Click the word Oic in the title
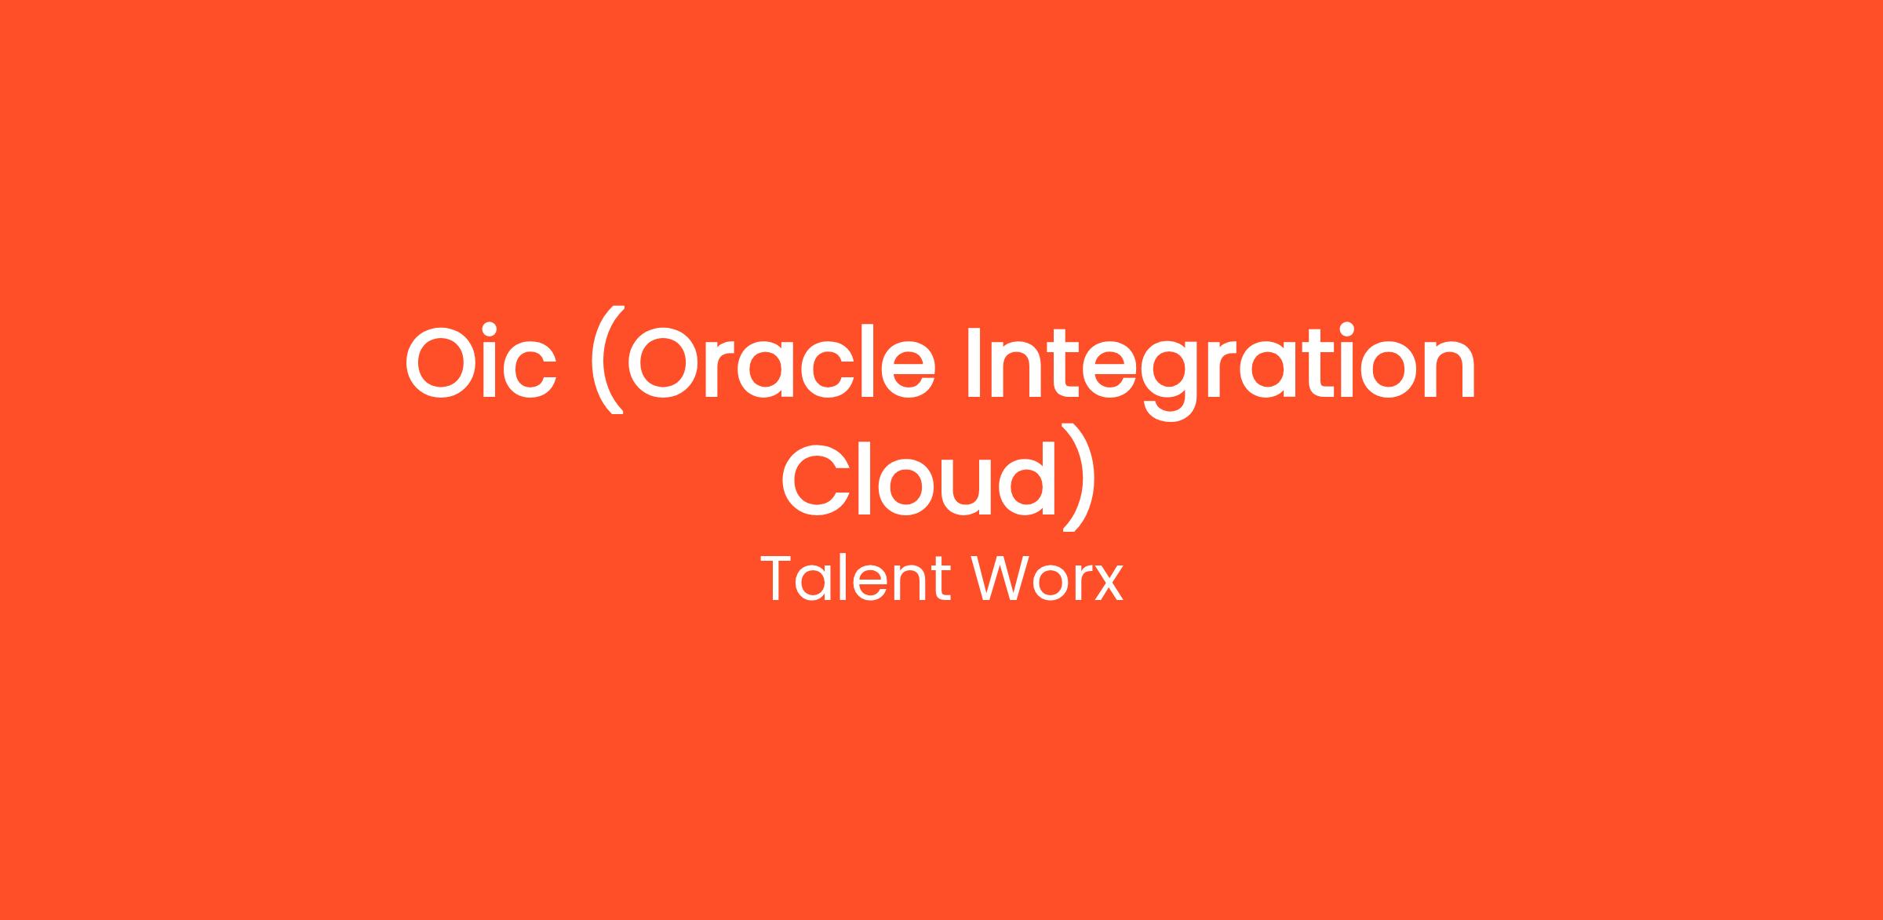click(481, 361)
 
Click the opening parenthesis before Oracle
click(608, 359)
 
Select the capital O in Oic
click(443, 362)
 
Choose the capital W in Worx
click(1003, 579)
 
